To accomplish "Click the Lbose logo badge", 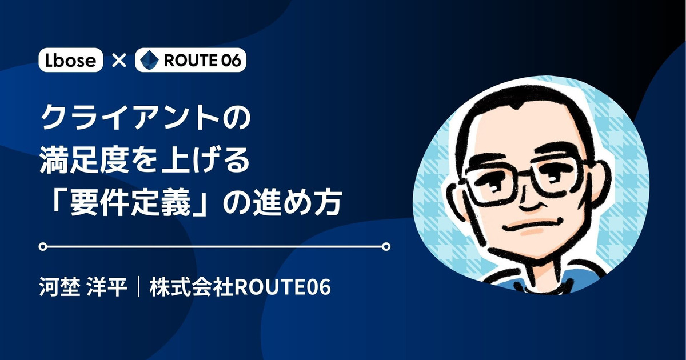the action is (x=71, y=60).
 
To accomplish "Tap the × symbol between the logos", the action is (x=119, y=61).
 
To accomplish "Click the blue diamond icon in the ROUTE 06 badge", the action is (x=149, y=60).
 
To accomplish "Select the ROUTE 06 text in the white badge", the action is (x=202, y=61).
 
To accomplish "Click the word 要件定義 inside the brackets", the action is (x=130, y=203).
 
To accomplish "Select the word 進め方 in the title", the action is (x=297, y=203).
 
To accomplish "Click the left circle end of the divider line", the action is (x=43, y=246).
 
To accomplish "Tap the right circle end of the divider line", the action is (x=386, y=246).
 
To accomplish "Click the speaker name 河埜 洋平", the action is (x=83, y=287).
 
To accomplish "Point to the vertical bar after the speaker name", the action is (x=138, y=287).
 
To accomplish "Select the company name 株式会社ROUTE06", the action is (x=240, y=287).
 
